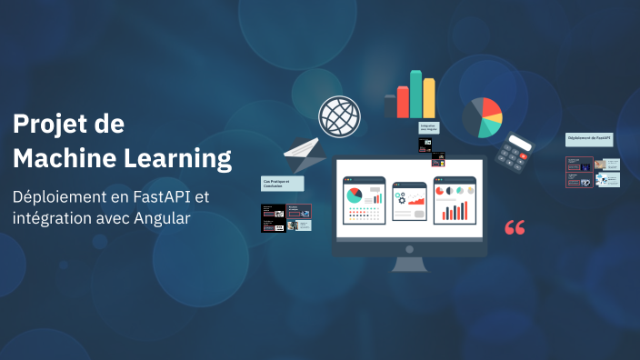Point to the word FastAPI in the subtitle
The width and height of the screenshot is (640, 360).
point(159,196)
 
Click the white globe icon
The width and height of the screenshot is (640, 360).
point(339,117)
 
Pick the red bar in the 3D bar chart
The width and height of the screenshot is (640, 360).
point(403,101)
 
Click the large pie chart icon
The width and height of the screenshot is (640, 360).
point(481,117)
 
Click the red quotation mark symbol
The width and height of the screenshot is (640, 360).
point(515,227)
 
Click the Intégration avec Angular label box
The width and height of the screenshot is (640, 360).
point(428,129)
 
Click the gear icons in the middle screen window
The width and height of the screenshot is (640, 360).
point(400,197)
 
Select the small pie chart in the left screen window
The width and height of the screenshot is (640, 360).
point(354,195)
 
